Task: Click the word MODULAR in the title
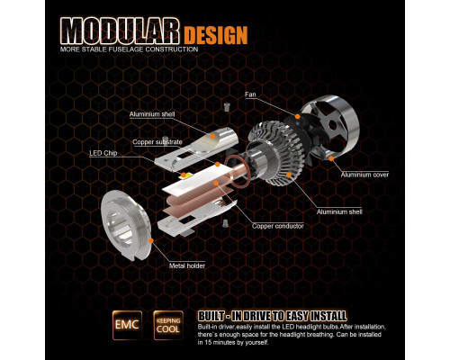tap(120, 31)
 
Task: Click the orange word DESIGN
tap(216, 35)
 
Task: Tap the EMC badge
tap(127, 325)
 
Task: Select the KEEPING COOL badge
tap(168, 325)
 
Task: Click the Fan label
tap(250, 94)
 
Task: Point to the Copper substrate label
tap(157, 142)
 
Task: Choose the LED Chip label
tap(103, 153)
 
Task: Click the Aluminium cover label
tap(364, 175)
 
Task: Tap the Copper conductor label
tap(278, 226)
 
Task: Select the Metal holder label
tap(187, 265)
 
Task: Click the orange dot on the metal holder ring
tap(151, 240)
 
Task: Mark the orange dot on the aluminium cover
tap(331, 158)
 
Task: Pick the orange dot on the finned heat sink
tap(289, 175)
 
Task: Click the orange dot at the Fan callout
tap(297, 116)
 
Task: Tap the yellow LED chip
tap(185, 175)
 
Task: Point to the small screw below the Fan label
tap(227, 107)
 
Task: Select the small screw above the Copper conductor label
tap(224, 223)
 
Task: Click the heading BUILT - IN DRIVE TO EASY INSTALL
tap(272, 316)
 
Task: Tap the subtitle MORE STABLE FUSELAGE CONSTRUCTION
tap(129, 49)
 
